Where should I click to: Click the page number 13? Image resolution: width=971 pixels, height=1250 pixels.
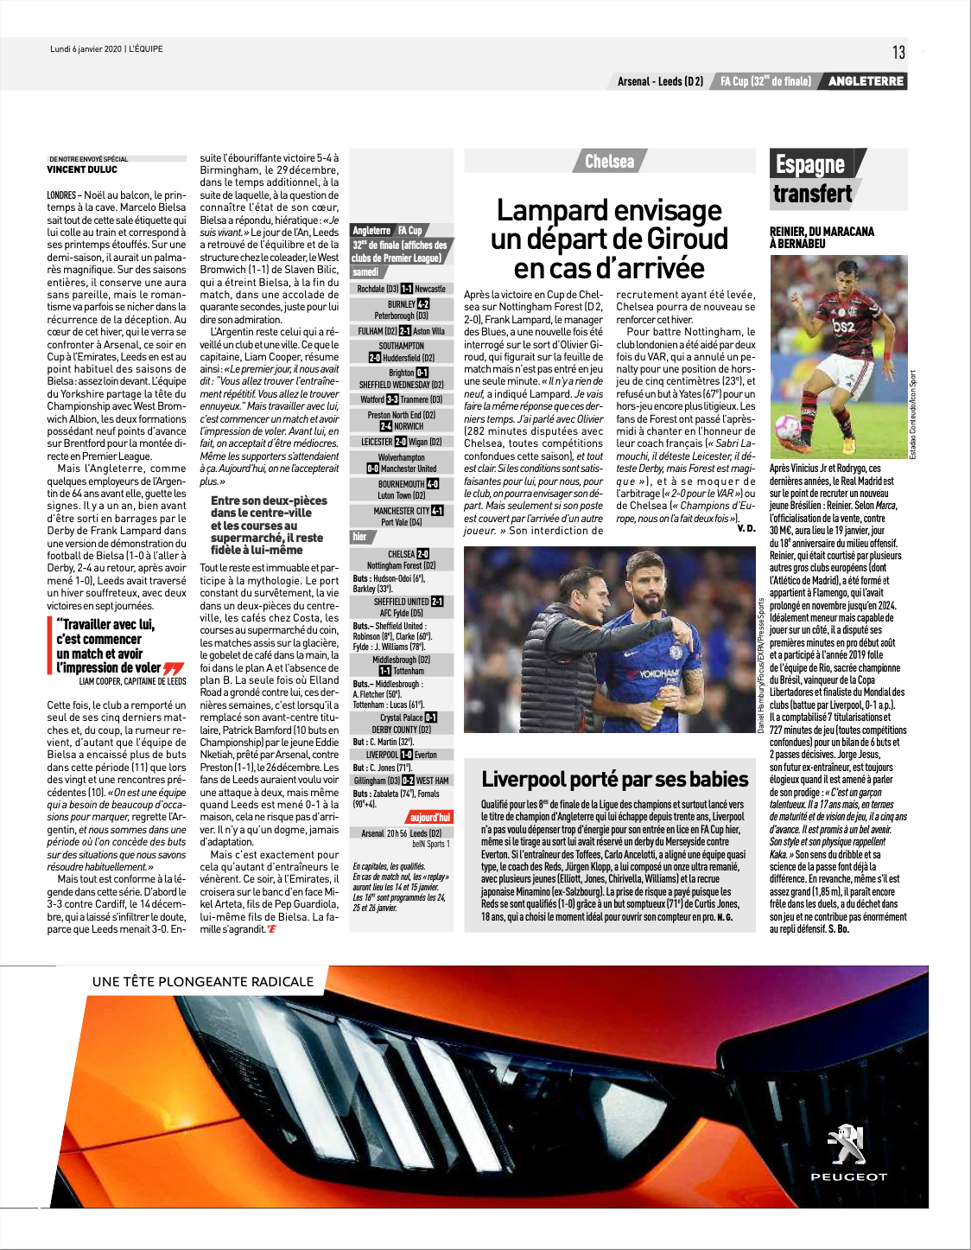click(x=898, y=53)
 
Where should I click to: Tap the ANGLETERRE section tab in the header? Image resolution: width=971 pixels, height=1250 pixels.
click(x=866, y=81)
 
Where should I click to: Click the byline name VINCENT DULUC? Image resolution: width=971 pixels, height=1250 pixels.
click(x=82, y=170)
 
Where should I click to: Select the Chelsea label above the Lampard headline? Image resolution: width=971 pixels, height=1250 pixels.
click(x=609, y=162)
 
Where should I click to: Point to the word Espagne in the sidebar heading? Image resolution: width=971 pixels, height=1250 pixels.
click(x=809, y=164)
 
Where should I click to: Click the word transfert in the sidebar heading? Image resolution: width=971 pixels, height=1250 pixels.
click(x=812, y=194)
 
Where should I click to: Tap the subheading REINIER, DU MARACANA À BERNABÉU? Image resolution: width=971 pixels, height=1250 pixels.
click(x=822, y=238)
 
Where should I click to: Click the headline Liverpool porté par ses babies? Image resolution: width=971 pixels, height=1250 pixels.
click(x=614, y=779)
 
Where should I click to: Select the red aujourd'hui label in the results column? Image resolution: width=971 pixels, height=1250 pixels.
click(x=429, y=817)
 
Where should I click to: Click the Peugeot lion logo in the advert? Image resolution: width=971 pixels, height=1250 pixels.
click(x=847, y=1145)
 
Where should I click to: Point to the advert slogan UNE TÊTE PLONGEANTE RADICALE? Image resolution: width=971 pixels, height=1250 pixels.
click(x=203, y=982)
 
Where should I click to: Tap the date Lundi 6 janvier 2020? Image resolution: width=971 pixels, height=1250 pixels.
click(x=86, y=49)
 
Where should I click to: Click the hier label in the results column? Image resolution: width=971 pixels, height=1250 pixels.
click(x=359, y=537)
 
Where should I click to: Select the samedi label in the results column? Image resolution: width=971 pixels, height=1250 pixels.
click(x=365, y=271)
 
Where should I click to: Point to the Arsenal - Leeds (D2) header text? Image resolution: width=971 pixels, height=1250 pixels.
click(x=660, y=81)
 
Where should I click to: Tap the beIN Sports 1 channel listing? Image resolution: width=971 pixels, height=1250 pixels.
click(x=430, y=844)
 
